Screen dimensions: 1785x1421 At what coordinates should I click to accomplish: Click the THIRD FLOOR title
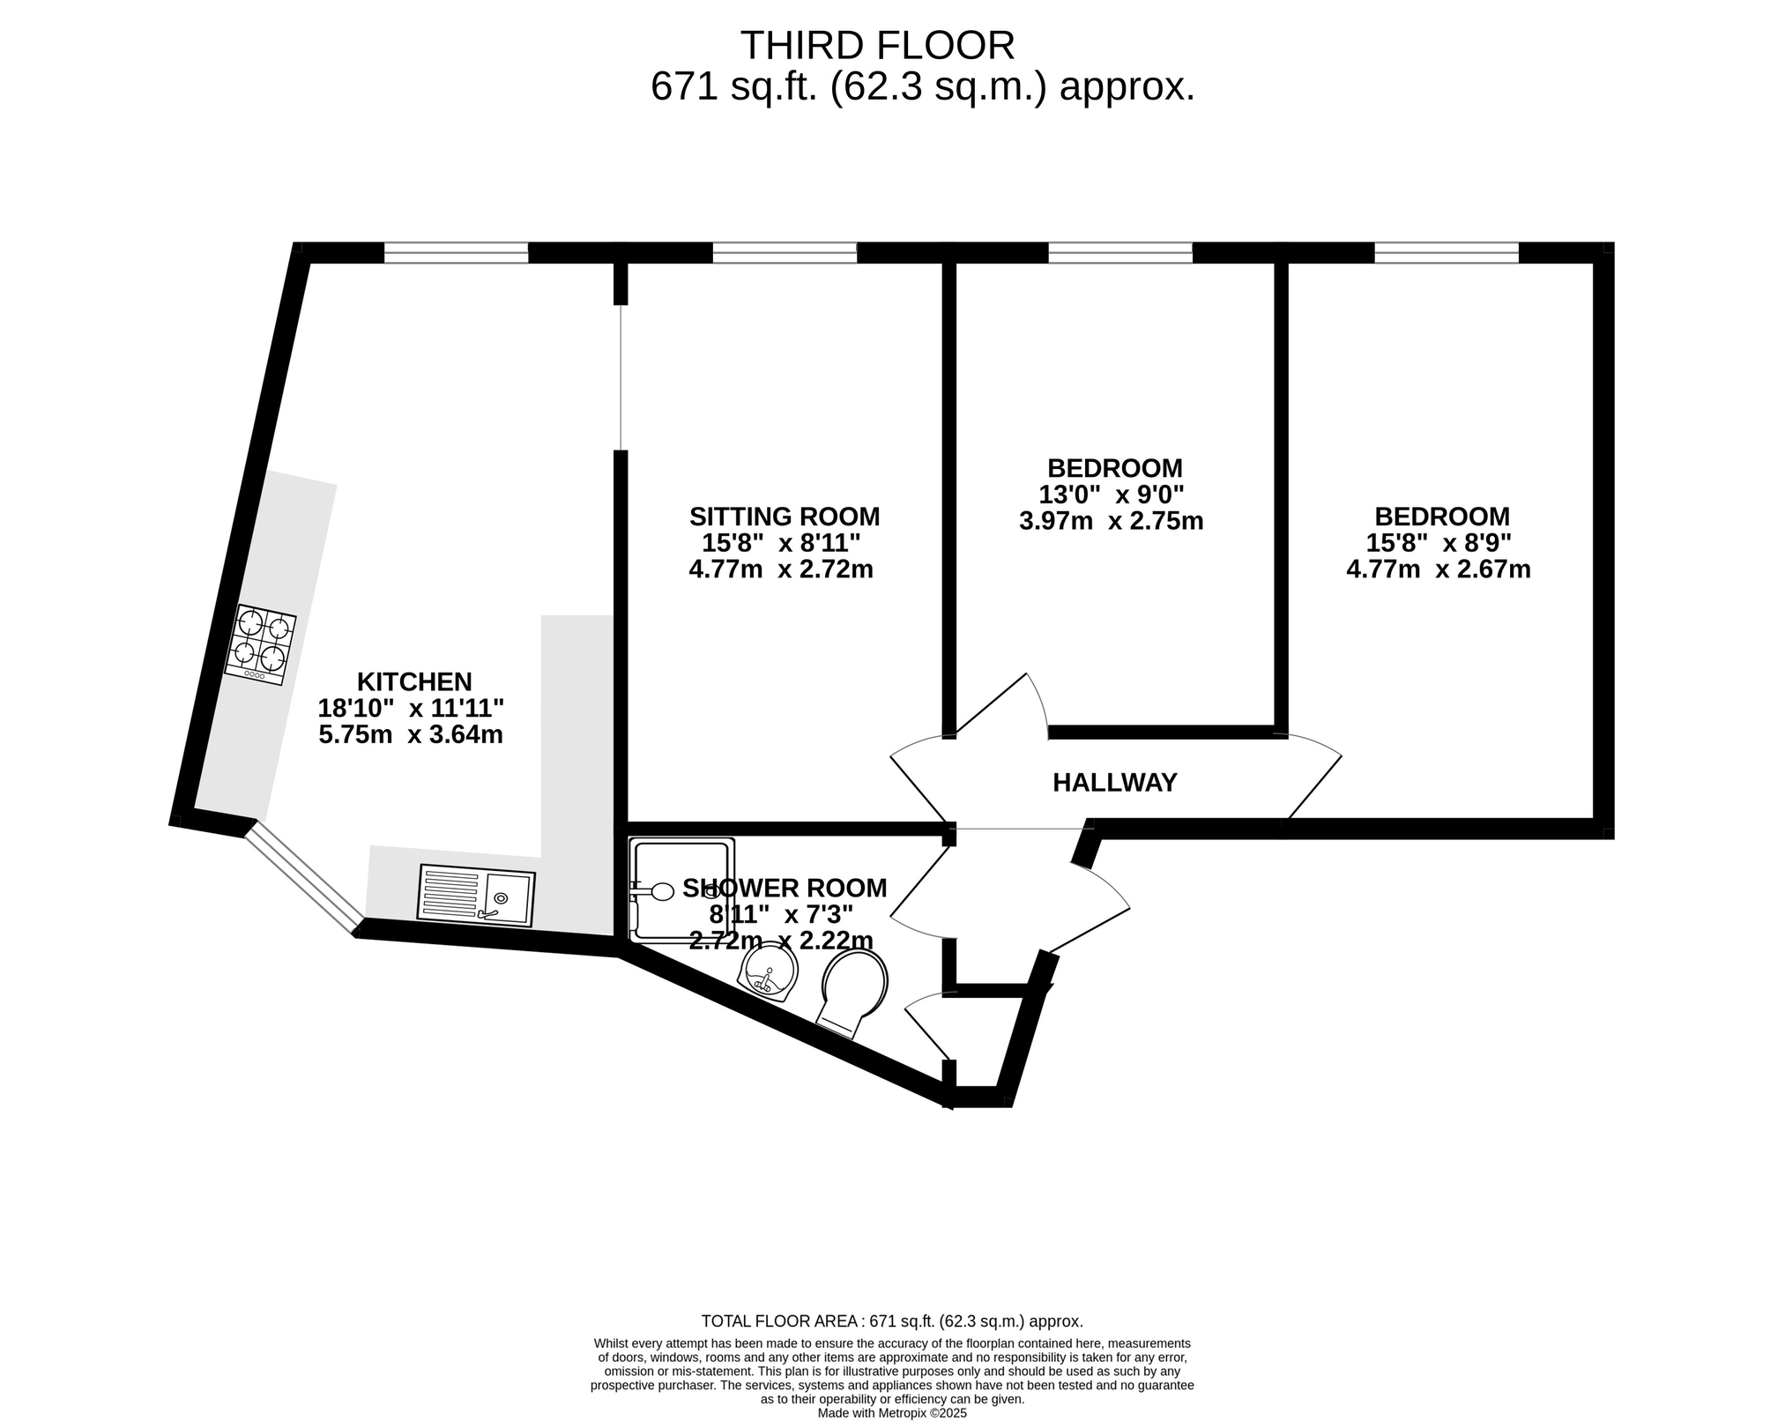[x=877, y=45]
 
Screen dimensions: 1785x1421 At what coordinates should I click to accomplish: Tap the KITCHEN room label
[x=414, y=681]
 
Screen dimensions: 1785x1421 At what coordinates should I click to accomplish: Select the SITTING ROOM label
[x=785, y=516]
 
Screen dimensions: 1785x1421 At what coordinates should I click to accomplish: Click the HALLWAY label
[x=1115, y=782]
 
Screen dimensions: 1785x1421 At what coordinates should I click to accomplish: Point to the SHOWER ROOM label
[x=785, y=888]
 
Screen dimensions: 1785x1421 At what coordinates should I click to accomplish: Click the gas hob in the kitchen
[x=260, y=644]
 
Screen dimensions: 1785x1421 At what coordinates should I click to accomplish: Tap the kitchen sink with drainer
[x=477, y=895]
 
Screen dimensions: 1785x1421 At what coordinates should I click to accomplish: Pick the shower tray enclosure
[x=681, y=888]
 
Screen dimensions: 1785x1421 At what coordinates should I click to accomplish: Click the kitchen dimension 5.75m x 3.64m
[x=411, y=734]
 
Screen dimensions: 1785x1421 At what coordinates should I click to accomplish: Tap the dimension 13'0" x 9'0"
[x=1112, y=495]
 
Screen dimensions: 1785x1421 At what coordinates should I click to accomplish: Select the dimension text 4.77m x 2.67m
[x=1439, y=569]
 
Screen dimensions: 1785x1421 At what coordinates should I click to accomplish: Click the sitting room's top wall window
[x=785, y=252]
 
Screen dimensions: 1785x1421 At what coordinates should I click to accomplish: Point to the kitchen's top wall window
[x=456, y=252]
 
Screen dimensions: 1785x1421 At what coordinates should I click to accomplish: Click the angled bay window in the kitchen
[x=302, y=876]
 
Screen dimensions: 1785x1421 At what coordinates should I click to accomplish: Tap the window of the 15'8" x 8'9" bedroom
[x=1447, y=252]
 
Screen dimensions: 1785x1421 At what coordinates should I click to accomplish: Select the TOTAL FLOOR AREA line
[x=892, y=1321]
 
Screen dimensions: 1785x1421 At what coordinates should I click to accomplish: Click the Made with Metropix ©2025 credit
[x=892, y=1413]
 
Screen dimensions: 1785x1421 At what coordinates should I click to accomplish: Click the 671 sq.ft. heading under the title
[x=923, y=87]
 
